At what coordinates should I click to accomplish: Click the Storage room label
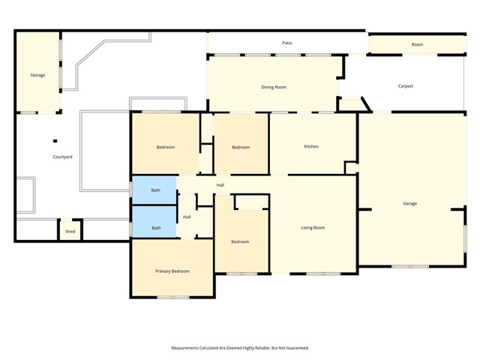point(37,75)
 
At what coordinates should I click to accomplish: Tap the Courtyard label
point(62,157)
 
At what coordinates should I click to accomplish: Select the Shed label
point(70,232)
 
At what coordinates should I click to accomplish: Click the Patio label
point(287,43)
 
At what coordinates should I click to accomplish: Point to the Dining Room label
point(274,87)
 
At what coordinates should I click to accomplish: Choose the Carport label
point(405,86)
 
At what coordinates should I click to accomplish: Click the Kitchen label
point(311,146)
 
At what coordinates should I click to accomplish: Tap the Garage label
point(409,203)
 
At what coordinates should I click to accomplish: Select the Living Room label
point(313,227)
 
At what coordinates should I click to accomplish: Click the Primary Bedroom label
point(172,271)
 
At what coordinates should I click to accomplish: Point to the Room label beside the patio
point(417,44)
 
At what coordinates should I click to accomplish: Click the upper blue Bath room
point(155,190)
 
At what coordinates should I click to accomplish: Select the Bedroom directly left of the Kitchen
point(241,147)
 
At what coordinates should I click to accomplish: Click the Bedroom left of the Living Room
point(240,241)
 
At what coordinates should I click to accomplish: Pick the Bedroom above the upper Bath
point(166,147)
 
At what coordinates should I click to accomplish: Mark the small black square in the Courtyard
point(55,140)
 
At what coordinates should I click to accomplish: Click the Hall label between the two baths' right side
point(187,217)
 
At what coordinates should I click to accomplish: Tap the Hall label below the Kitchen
point(220,184)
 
